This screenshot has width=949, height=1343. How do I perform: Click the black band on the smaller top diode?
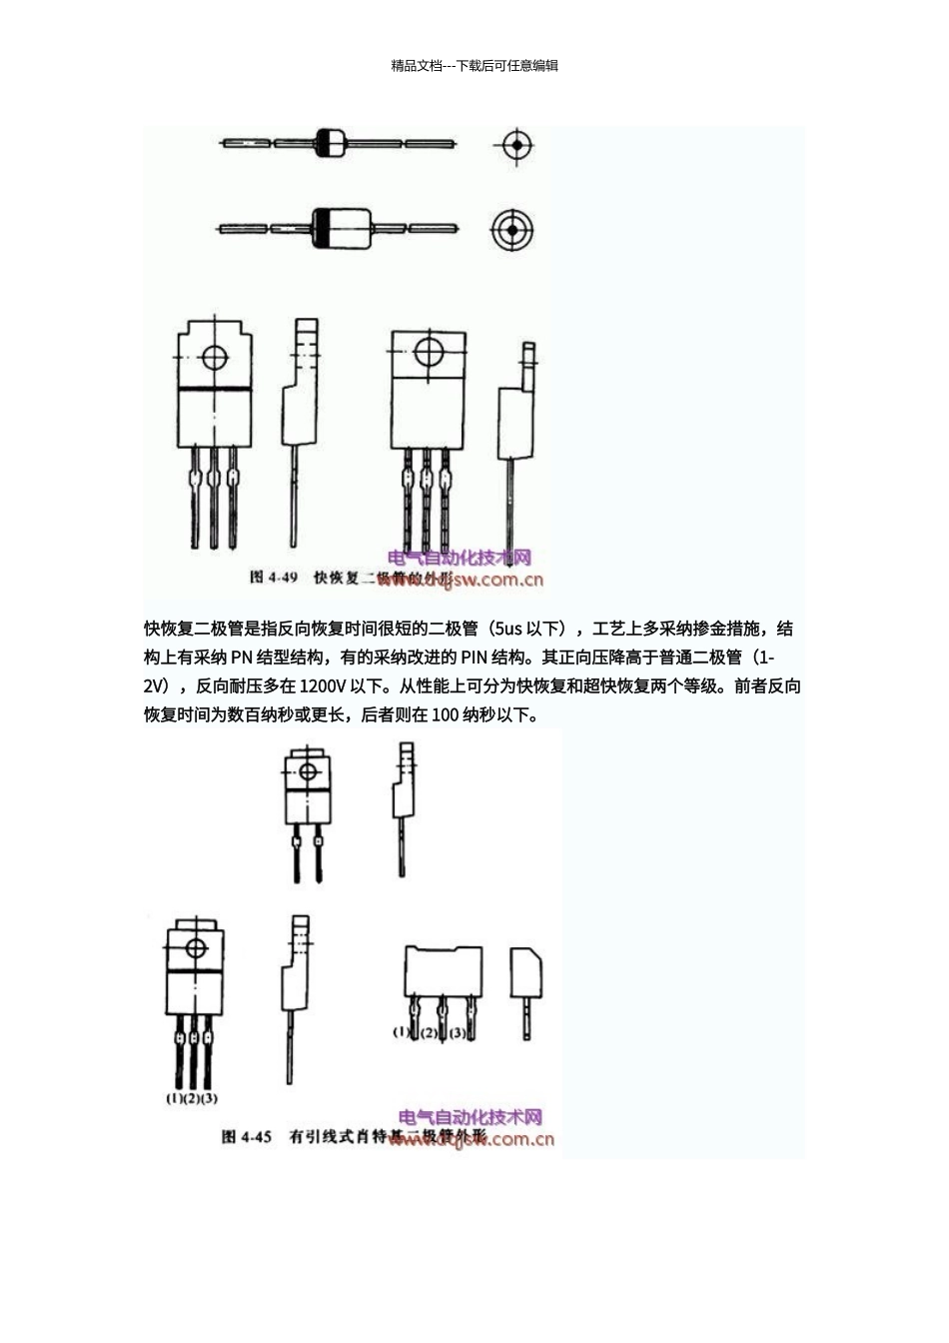point(323,143)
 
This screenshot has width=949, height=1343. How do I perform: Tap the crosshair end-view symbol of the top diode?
point(515,146)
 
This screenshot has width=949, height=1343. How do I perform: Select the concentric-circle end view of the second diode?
point(511,230)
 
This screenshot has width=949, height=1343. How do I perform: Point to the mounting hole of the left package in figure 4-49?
point(213,357)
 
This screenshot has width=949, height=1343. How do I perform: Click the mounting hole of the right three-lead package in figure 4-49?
point(428,352)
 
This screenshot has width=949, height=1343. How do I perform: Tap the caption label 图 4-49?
point(273,578)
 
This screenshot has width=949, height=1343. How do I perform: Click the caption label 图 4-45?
point(247,1137)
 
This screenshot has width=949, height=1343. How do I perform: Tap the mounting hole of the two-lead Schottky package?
point(307,771)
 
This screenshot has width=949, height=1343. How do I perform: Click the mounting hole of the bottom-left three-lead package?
point(195,948)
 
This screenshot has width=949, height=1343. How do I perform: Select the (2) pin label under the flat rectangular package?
point(430,1032)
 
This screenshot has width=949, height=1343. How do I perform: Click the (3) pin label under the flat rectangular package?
point(458,1032)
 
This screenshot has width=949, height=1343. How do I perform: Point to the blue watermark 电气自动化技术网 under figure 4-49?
point(459,558)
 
